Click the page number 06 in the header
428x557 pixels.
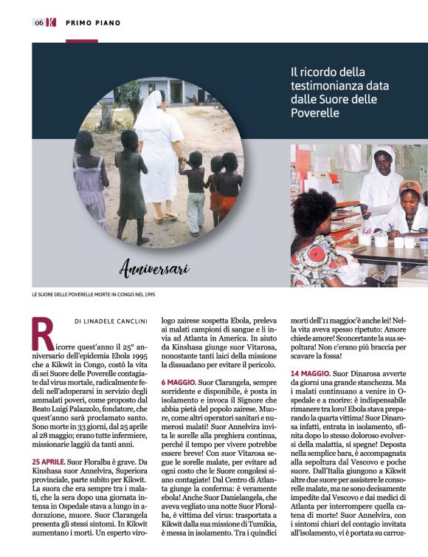(38, 23)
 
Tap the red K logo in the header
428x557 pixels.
(51, 23)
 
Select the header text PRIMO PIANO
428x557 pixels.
(93, 23)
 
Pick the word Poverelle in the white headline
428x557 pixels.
(315, 113)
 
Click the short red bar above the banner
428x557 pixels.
(81, 41)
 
